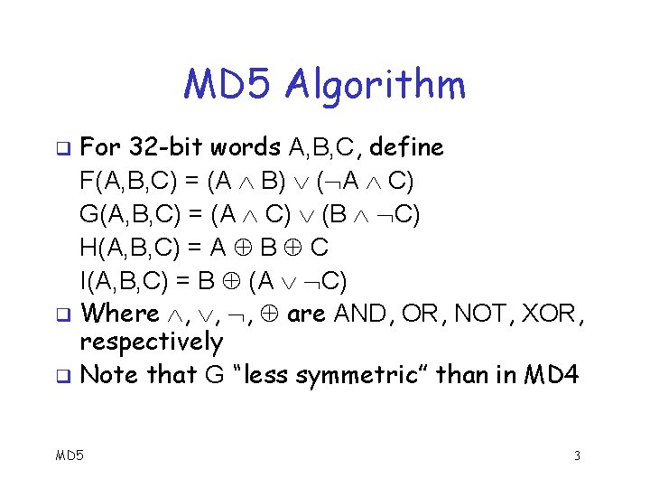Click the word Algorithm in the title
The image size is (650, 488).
point(376,86)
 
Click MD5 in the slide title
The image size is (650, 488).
point(227,85)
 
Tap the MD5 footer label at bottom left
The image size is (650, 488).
point(69,455)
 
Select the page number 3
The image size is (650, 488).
point(576,456)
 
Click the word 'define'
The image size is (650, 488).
point(407,146)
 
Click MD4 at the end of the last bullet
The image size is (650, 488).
point(551,374)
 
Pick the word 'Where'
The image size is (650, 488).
point(119,314)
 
